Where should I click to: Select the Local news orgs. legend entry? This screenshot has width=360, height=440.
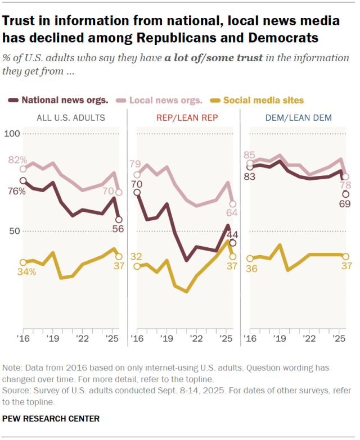tap(165, 101)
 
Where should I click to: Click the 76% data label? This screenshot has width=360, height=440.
tap(16, 191)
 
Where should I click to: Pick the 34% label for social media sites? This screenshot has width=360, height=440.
tap(26, 272)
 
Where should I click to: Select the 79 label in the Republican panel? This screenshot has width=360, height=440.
tap(135, 164)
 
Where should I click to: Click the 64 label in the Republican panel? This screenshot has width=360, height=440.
tap(231, 212)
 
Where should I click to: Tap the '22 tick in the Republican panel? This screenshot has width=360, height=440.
tap(196, 339)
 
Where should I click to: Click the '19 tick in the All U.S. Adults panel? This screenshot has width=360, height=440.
tap(53, 339)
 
